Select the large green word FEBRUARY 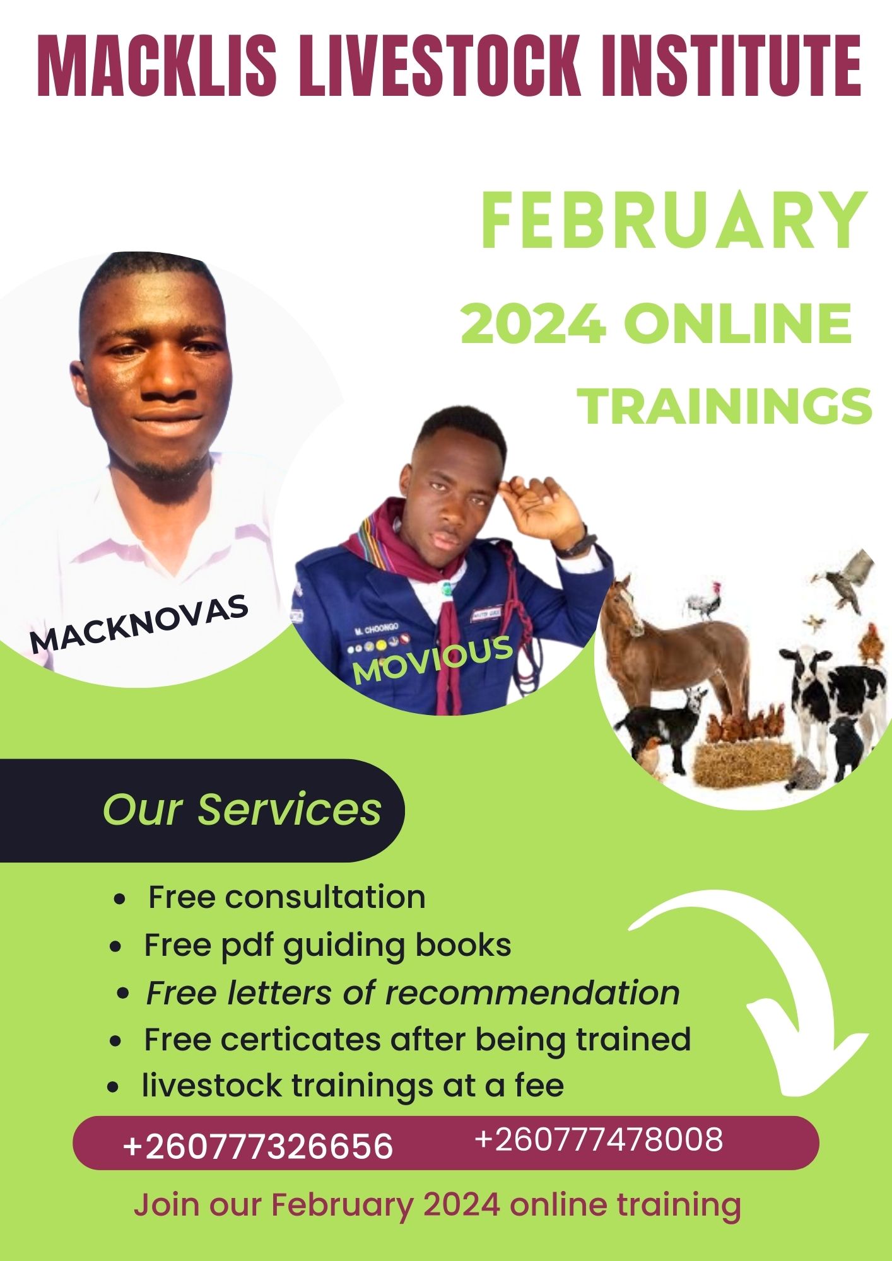pos(674,221)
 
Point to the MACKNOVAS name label pos(139,623)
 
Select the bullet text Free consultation pos(286,897)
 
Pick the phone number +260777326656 pos(258,1146)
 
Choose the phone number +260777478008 pos(598,1140)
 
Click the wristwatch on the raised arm pos(576,543)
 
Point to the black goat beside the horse pos(662,725)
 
